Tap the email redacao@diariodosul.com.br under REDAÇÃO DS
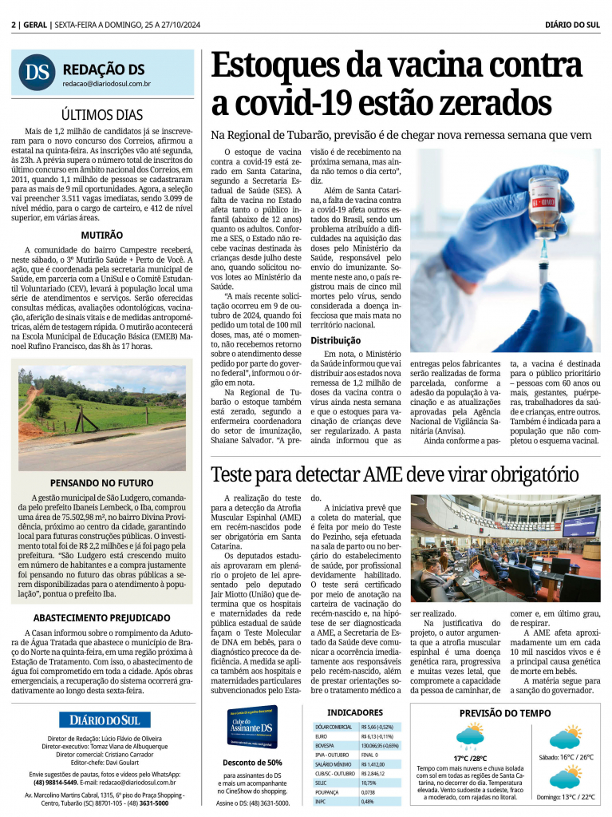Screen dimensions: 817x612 coord(107,83)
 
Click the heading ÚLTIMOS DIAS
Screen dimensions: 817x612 coord(103,113)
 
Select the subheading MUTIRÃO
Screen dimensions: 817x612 coord(101,236)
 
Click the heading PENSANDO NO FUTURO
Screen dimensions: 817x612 coord(101,482)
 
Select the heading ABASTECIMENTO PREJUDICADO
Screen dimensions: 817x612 coord(101,617)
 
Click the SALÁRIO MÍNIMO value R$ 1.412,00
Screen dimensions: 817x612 coord(373,764)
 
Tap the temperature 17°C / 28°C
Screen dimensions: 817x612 coord(470,758)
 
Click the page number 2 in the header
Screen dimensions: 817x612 coord(14,25)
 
